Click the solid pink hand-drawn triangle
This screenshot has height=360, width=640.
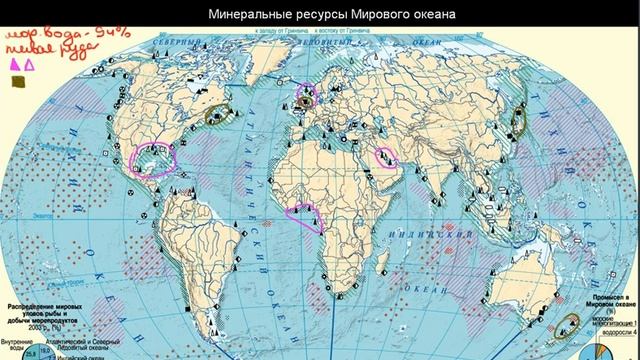pos(15,65)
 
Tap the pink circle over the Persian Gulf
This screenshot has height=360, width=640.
pos(384,156)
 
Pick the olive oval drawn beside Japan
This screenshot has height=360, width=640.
pos(519,120)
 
